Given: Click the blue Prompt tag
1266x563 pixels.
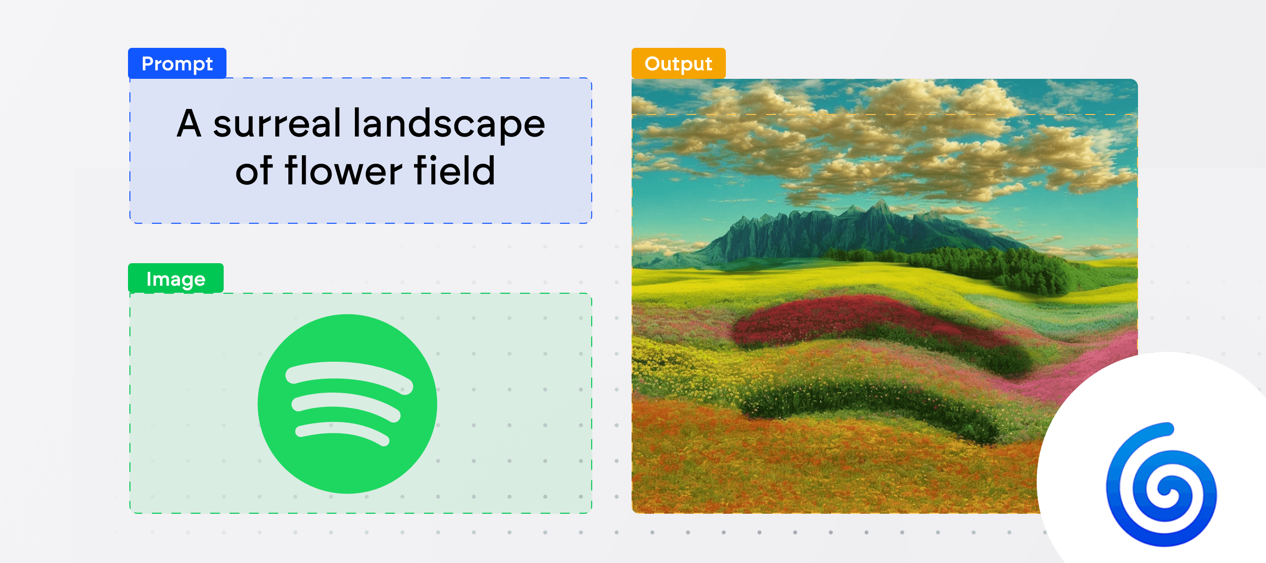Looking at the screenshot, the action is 177,63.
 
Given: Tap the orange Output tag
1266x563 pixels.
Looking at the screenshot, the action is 678,63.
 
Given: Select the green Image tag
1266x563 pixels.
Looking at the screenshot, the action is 175,278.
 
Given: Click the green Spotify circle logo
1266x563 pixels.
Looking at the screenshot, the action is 347,403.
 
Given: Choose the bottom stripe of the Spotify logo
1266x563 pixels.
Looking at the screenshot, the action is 342,433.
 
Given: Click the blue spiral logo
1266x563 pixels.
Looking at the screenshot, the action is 1162,484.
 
